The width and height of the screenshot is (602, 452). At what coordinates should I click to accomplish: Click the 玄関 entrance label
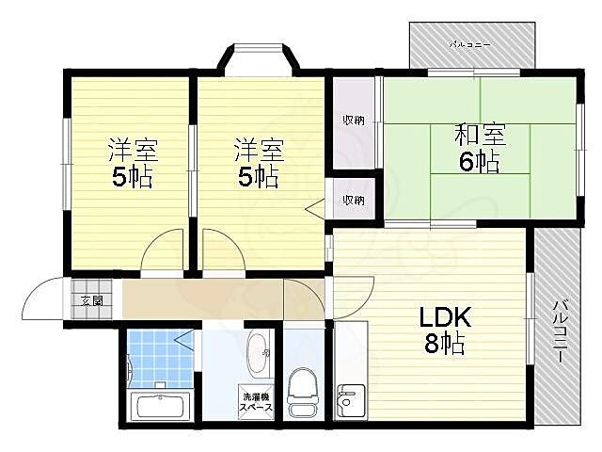[x=91, y=301]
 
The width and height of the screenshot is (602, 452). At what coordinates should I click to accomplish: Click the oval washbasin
[x=257, y=354]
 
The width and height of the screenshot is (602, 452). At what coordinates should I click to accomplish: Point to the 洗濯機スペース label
[x=256, y=402]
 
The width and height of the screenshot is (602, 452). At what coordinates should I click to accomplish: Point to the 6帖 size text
[x=480, y=162]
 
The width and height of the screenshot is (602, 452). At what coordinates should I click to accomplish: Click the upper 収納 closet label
[x=353, y=120]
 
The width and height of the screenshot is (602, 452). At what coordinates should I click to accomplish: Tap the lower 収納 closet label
[x=353, y=200]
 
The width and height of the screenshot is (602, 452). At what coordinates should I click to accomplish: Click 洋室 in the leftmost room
[x=132, y=150]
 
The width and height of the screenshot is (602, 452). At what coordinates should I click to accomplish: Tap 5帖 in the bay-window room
[x=259, y=176]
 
